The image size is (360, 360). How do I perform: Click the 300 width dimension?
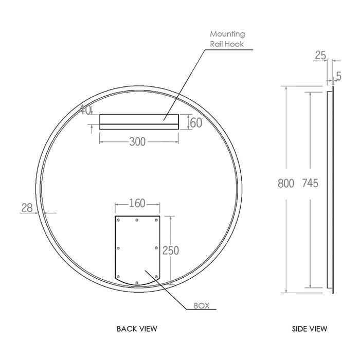137,141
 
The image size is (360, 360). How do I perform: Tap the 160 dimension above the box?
137,204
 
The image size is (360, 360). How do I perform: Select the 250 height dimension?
170,250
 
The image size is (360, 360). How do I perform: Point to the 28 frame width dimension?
27,207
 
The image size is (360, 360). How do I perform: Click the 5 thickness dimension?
338,77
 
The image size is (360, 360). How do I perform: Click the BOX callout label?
201,305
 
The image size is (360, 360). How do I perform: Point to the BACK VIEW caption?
137,328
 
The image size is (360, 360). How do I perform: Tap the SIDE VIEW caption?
310,328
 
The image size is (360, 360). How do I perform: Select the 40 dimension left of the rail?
85,109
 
